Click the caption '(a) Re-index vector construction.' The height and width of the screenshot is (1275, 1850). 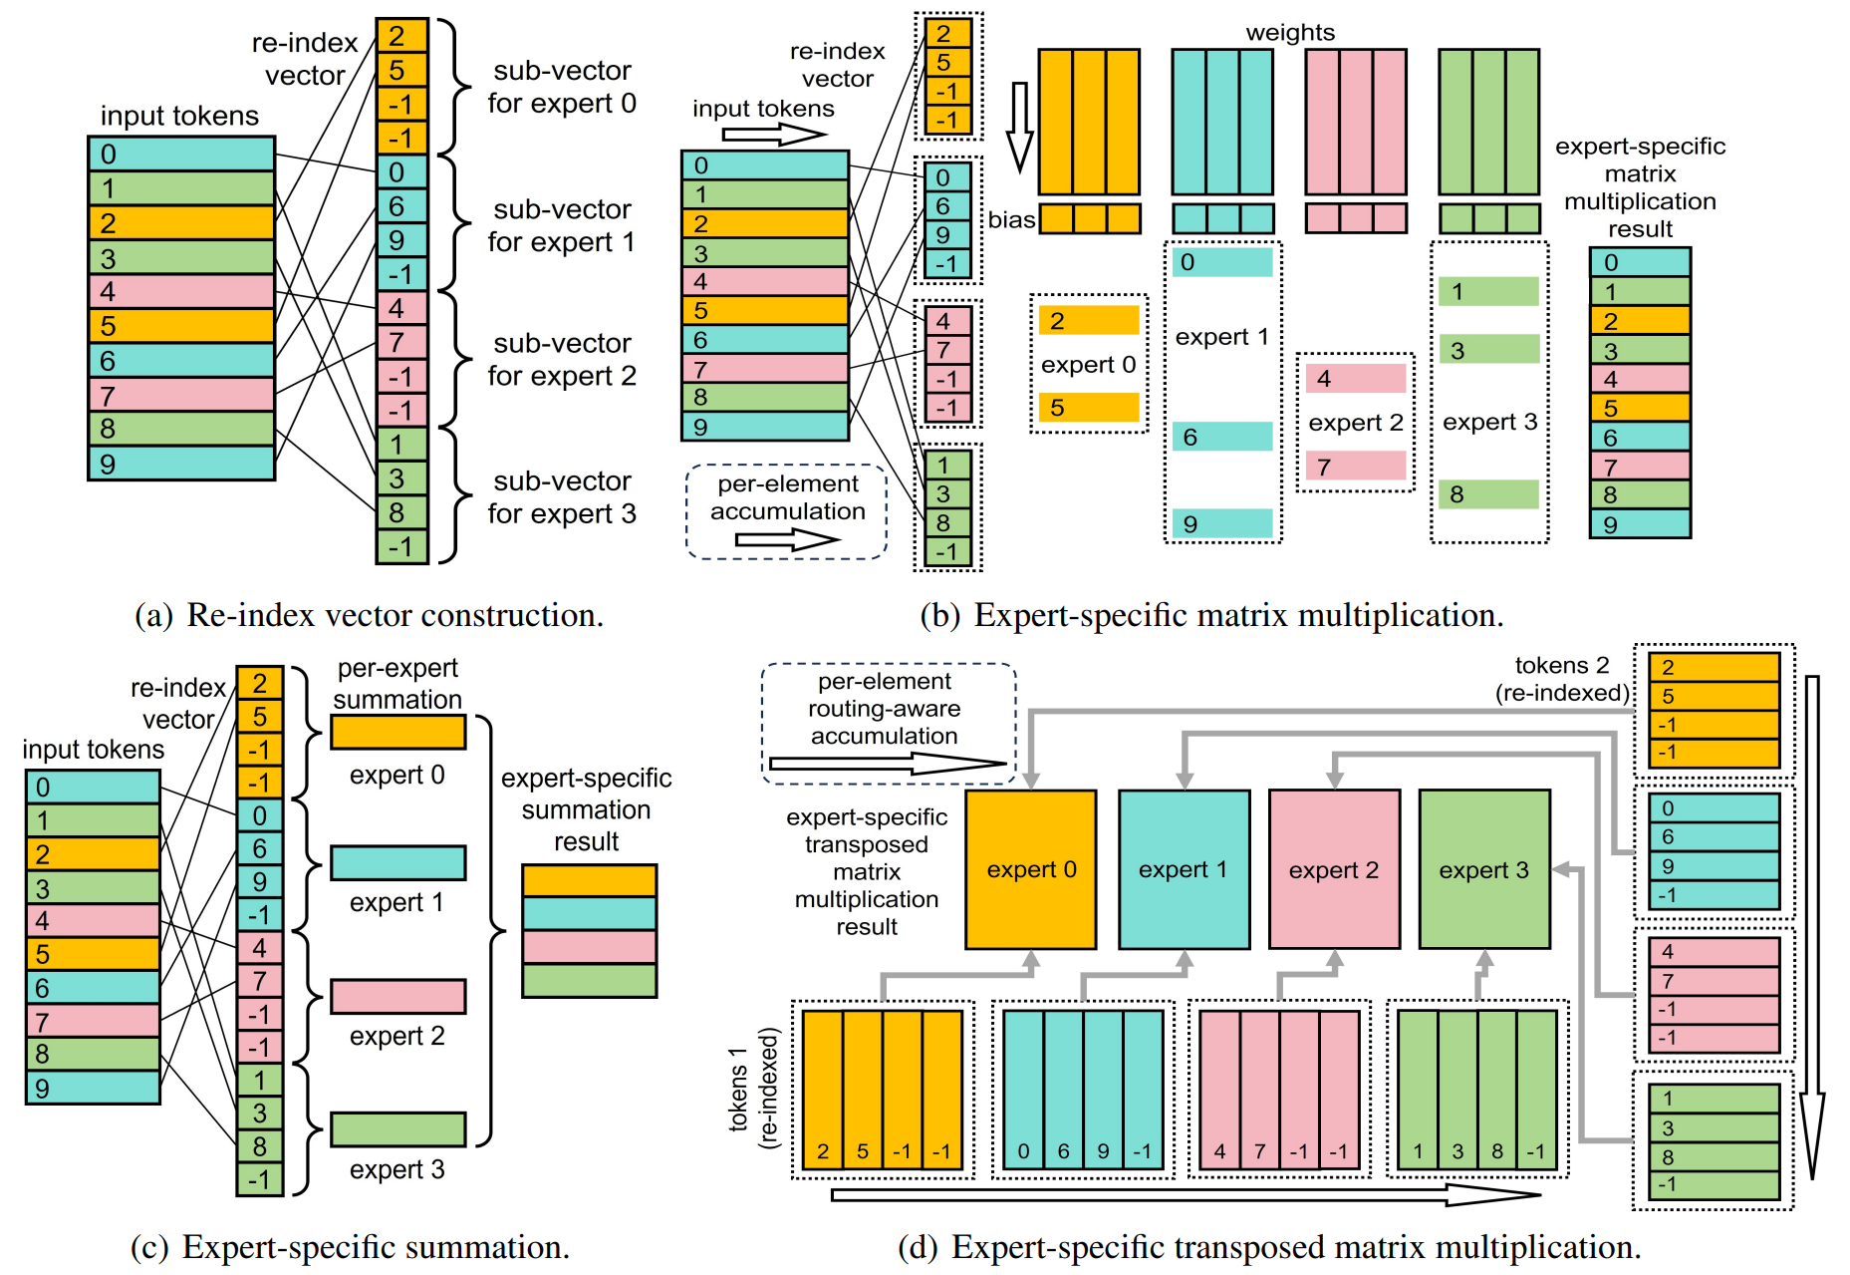tap(369, 615)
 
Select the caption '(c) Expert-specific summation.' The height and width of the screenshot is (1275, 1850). tap(350, 1247)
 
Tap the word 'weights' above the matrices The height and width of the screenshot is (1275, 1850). tap(1289, 33)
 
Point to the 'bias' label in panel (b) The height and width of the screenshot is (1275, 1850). tap(1011, 219)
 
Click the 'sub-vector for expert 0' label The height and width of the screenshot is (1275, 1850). tap(562, 87)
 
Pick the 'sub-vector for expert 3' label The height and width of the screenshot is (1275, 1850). tap(562, 497)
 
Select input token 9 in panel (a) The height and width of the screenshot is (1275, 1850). tap(181, 464)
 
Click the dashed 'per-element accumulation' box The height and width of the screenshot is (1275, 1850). tap(786, 511)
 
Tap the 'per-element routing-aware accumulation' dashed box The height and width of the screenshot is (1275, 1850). tap(887, 723)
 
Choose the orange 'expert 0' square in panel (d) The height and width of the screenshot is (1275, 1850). tap(1031, 869)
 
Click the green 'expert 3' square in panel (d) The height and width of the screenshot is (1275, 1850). tap(1483, 869)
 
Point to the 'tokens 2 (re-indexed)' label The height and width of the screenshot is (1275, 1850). tap(1562, 679)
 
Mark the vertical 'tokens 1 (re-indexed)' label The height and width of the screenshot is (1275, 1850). tap(753, 1090)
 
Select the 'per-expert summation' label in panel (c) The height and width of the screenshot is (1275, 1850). tap(397, 684)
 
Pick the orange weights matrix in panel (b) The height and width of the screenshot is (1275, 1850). tap(1089, 122)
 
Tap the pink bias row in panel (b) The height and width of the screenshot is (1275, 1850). tap(1356, 218)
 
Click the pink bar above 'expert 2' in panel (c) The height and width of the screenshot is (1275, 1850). tap(397, 996)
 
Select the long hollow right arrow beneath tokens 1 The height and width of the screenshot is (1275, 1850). tap(1186, 1194)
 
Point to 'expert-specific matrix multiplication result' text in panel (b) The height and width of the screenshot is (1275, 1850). tap(1640, 187)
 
